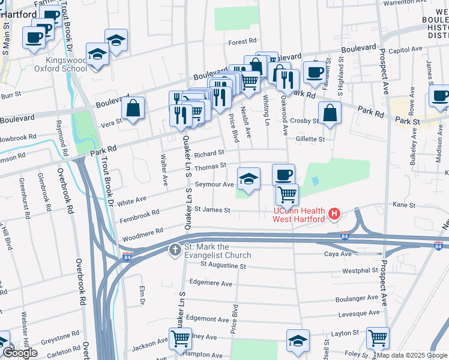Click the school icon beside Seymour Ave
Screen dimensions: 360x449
249,178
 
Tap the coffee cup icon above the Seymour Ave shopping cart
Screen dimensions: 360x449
284,175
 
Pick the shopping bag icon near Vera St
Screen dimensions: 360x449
133,108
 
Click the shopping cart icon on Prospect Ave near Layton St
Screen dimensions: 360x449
378,338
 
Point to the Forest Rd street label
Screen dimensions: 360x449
243,42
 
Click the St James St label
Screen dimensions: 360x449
212,210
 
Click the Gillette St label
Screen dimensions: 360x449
309,139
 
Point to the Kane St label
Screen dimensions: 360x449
400,205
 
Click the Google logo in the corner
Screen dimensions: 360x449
20,353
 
